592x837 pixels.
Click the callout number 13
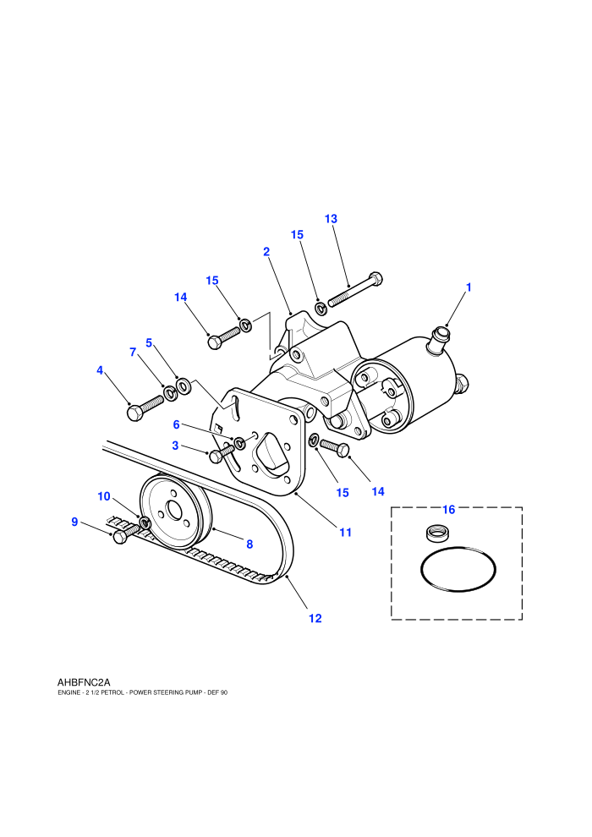coord(331,219)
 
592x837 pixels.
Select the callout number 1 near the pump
coord(469,287)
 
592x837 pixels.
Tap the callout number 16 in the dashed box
coord(449,510)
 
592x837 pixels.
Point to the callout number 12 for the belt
coord(315,618)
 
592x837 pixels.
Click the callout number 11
coord(345,532)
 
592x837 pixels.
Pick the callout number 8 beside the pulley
coord(249,544)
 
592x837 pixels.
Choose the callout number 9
coord(74,522)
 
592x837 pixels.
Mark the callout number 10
coord(103,496)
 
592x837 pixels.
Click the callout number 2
coord(266,251)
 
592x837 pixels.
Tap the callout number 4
coord(100,370)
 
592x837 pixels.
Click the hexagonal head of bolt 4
coord(134,413)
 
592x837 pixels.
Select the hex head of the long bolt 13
coord(376,279)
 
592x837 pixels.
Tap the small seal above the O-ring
coord(438,532)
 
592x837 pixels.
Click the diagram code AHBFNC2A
coord(84,682)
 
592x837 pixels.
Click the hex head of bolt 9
coord(120,536)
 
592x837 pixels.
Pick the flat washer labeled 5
coord(184,385)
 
